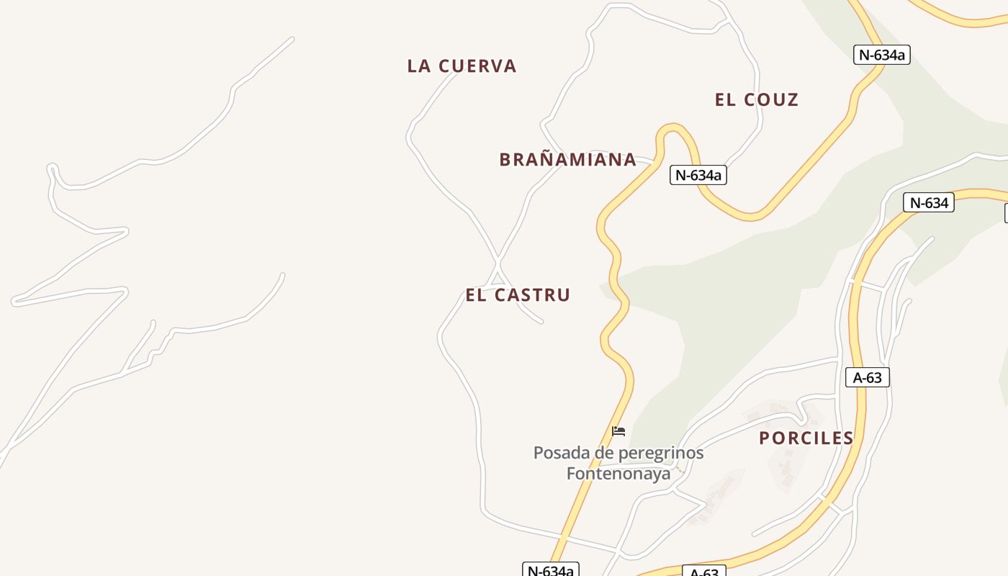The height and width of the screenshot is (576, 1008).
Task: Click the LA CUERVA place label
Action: tap(462, 66)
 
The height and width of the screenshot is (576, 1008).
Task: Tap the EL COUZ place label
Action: tap(757, 100)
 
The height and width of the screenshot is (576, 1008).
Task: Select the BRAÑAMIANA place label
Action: tap(567, 160)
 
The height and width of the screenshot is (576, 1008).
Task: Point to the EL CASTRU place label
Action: tap(518, 295)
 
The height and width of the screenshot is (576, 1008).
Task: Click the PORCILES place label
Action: tap(806, 438)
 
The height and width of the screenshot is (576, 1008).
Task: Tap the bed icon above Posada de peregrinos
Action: tap(618, 432)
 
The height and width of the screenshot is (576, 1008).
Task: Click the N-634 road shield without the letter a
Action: tap(928, 203)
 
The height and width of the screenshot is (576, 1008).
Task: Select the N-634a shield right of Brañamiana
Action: tap(698, 175)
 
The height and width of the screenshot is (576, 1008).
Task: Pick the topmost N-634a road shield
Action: tap(881, 55)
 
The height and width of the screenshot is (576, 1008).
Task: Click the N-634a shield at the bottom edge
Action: tap(551, 570)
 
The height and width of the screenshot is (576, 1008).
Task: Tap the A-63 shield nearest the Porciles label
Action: tap(867, 377)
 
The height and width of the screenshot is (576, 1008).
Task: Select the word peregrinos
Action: tap(658, 454)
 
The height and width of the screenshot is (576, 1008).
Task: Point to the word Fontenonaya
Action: tap(618, 474)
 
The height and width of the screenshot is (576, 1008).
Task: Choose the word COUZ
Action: tap(773, 100)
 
